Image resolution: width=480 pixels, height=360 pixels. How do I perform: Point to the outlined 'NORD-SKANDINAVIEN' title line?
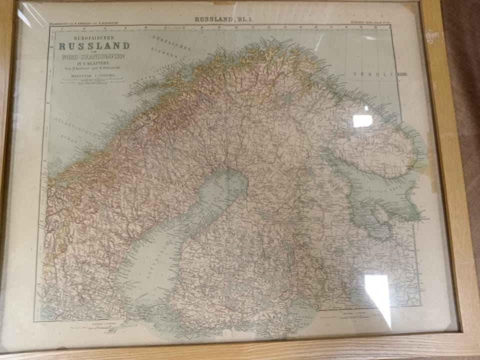point(93,56)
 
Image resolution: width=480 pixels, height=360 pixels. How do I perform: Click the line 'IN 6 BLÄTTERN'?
point(93,63)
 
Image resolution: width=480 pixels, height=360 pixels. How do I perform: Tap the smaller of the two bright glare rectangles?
point(362,120)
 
